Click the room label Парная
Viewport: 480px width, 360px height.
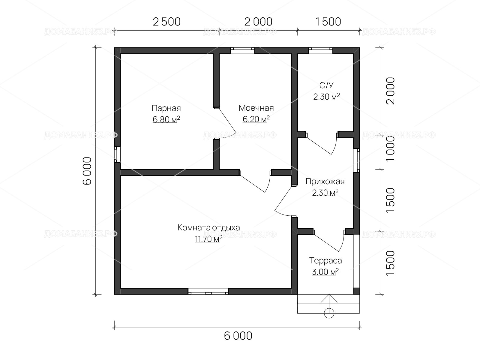click(166, 108)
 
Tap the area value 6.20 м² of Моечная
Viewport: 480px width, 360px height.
click(256, 119)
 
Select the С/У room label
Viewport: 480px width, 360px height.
click(326, 85)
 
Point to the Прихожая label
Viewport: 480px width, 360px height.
click(325, 181)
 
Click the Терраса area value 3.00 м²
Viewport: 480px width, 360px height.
click(325, 272)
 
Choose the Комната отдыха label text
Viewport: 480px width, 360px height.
click(208, 227)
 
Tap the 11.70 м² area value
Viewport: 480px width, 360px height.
click(208, 239)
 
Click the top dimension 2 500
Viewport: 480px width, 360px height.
click(166, 22)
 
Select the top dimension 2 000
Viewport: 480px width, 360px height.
click(258, 22)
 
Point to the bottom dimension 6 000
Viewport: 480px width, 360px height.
click(238, 336)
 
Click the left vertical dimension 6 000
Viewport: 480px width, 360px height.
click(87, 171)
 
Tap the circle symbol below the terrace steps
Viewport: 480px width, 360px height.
click(329, 313)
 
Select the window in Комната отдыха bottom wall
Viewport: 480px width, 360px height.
click(208, 291)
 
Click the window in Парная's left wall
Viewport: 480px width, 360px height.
click(117, 154)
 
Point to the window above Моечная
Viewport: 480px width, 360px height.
click(242, 51)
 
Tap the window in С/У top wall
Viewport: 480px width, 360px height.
click(321, 51)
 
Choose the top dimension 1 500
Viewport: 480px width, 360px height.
click(328, 22)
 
